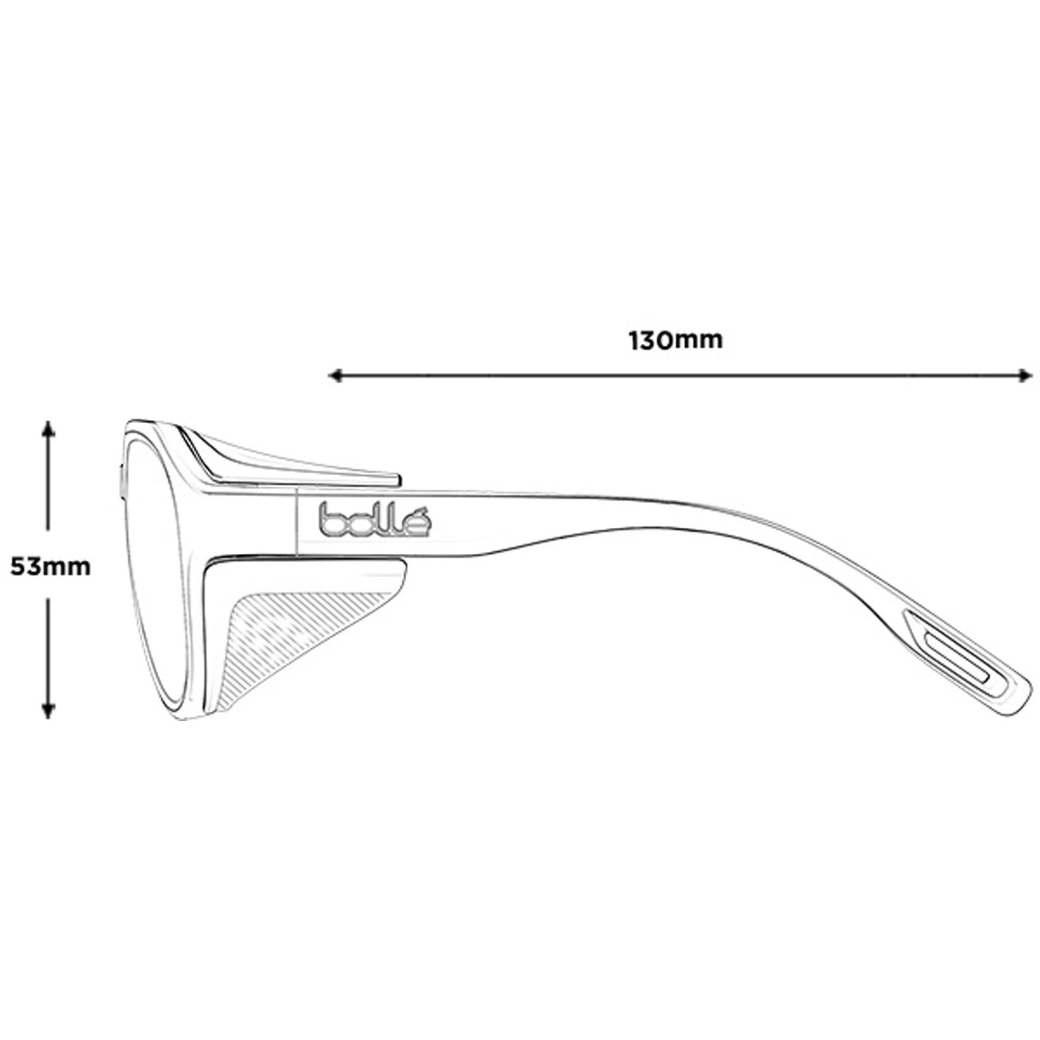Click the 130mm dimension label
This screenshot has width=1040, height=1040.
tap(675, 340)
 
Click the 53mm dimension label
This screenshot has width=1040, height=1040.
tap(51, 567)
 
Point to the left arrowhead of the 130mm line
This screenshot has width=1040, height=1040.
tap(336, 375)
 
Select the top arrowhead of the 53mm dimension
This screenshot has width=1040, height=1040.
tap(47, 428)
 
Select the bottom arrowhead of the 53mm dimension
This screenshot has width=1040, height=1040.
tap(47, 711)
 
